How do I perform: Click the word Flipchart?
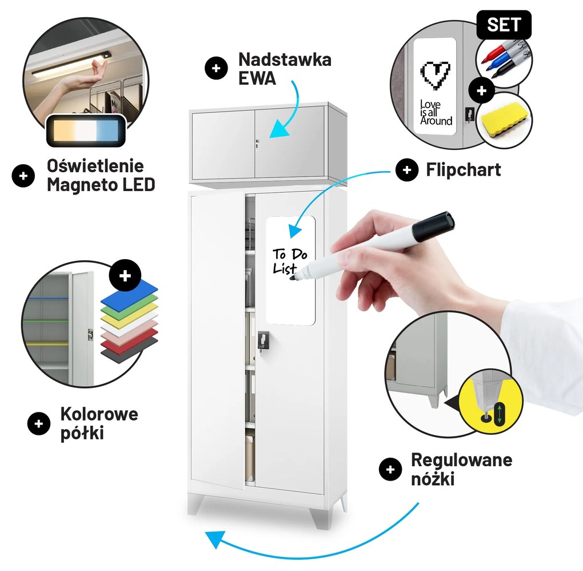[x=463, y=169]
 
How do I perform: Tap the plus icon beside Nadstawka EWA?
[x=216, y=69]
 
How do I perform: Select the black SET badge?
[x=504, y=25]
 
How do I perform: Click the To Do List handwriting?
[x=290, y=261]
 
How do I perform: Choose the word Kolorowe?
[x=99, y=414]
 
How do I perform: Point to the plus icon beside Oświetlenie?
[x=23, y=176]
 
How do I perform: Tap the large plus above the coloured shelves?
[x=125, y=276]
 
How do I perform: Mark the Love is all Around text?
[x=436, y=113]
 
